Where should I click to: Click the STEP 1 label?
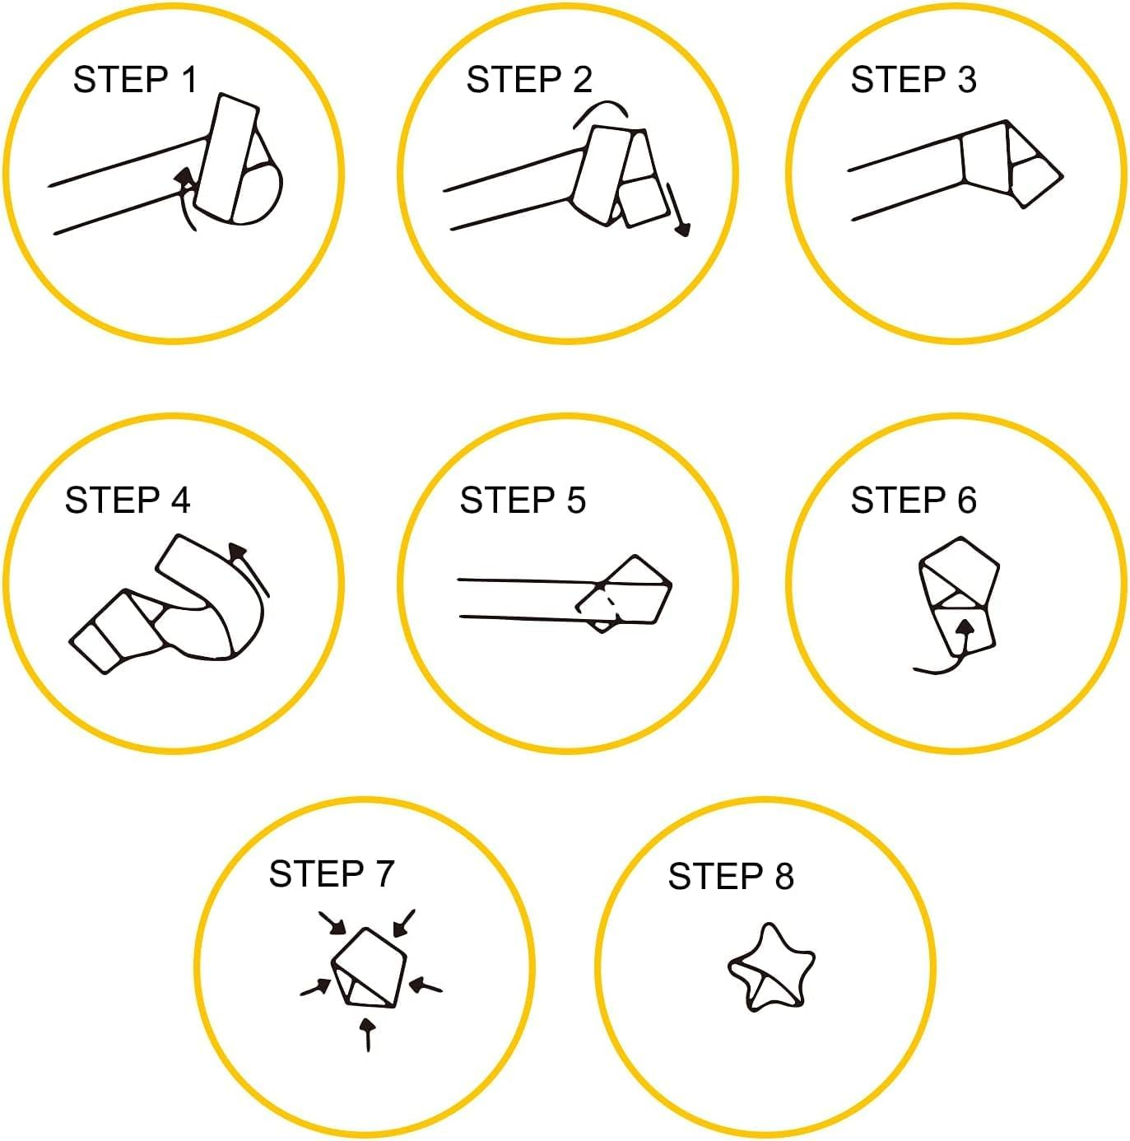[135, 79]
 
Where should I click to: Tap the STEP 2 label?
[529, 79]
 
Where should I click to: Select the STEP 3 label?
[914, 79]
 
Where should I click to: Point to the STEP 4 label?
[128, 501]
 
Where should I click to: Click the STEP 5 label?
[523, 501]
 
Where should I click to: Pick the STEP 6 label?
[914, 501]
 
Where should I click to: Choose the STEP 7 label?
[331, 873]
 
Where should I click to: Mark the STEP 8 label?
[730, 876]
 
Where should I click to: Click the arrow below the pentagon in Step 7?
[369, 1035]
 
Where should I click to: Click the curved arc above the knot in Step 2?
[601, 102]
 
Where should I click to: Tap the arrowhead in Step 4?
[238, 552]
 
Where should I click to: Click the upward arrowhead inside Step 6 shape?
[965, 627]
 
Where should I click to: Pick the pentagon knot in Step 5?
[624, 592]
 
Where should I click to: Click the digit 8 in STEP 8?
[784, 876]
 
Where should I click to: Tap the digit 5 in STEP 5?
[576, 501]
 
